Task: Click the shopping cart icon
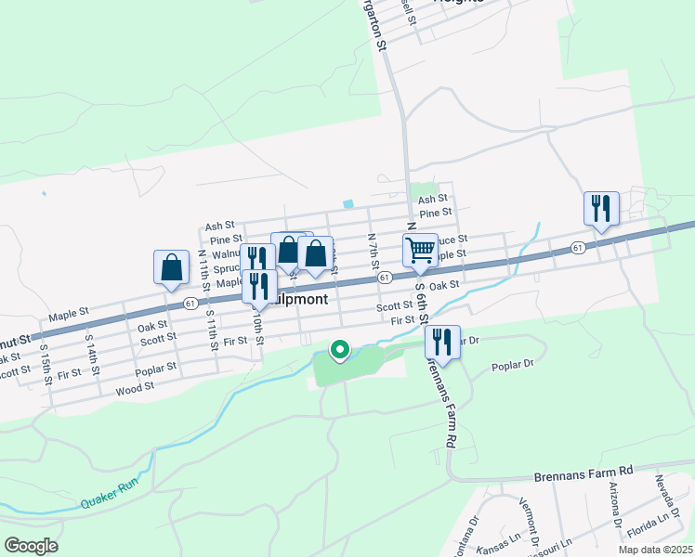tap(420, 249)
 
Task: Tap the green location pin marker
tap(340, 350)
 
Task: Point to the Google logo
tap(31, 546)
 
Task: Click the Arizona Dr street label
tap(615, 504)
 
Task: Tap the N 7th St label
tap(373, 247)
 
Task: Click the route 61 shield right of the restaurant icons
tap(384, 277)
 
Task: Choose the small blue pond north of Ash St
tap(348, 204)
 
